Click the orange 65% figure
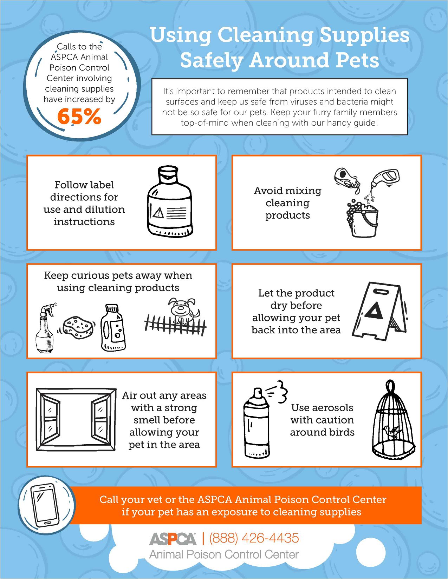coord(79,116)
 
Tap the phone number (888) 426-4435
coord(254,538)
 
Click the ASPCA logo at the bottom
coord(173,539)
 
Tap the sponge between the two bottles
coord(78,327)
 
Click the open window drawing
coord(76,420)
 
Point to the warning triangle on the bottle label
coord(158,212)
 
